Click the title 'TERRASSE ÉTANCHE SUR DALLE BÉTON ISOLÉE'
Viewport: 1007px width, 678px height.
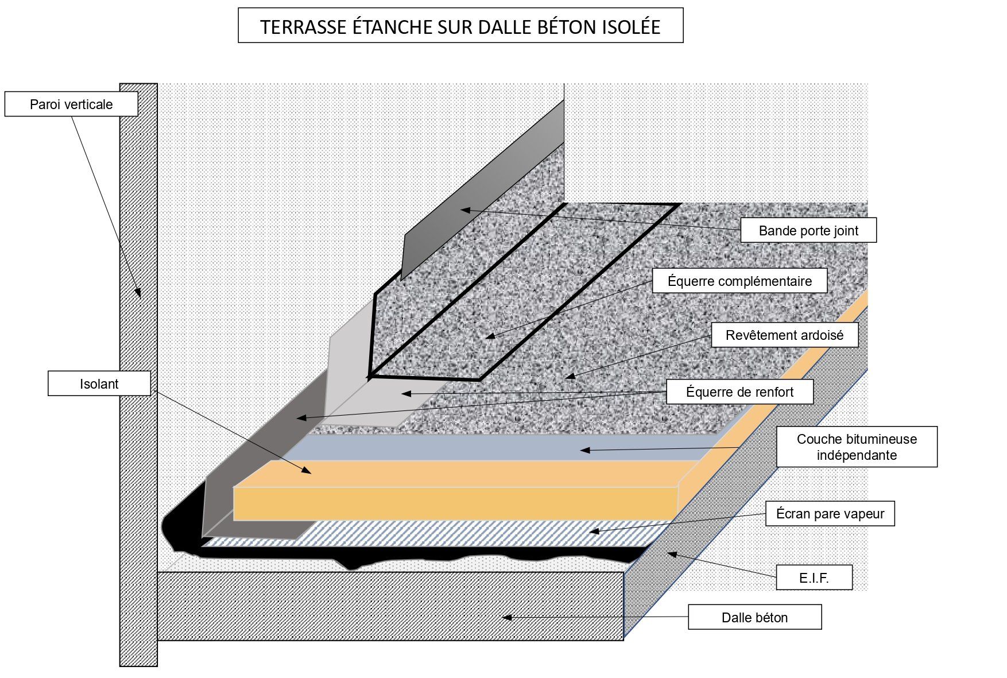coord(460,26)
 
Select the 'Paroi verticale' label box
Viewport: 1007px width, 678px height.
coord(71,104)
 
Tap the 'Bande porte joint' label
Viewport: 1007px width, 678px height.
coord(808,231)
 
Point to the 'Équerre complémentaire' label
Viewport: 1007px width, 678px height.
coord(739,281)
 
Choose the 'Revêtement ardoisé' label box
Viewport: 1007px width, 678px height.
coord(784,335)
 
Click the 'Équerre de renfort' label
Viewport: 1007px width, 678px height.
coord(739,392)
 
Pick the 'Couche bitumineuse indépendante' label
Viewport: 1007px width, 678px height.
coord(857,447)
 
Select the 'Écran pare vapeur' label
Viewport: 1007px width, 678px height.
coord(830,514)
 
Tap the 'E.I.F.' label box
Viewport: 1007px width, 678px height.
coord(814,578)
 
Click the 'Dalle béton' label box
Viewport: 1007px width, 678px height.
coord(754,617)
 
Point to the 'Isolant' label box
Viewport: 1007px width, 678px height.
coord(99,384)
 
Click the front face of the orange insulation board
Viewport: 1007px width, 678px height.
coord(454,504)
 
